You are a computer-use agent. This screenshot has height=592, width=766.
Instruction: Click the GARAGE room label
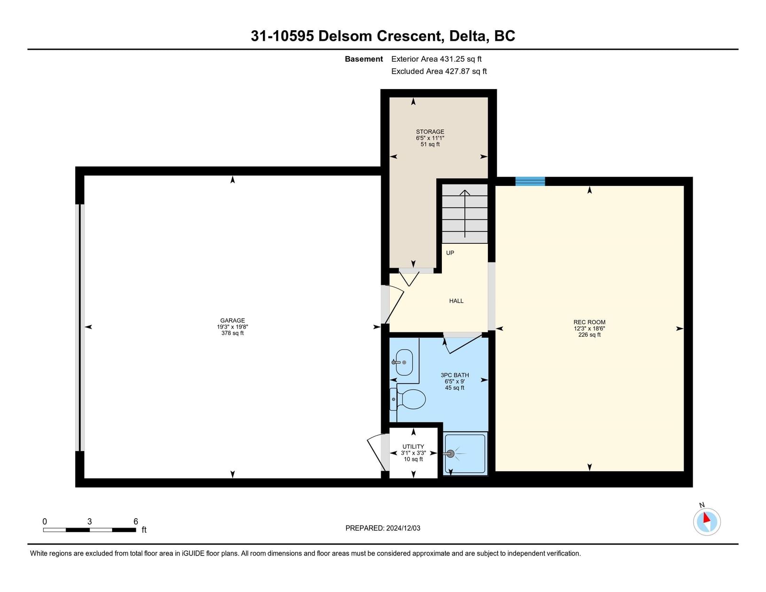tap(232, 320)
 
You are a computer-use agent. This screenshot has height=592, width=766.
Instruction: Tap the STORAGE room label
tap(430, 132)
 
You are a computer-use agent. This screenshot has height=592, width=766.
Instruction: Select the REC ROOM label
tap(589, 322)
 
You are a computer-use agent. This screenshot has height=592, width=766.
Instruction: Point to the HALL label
tap(456, 301)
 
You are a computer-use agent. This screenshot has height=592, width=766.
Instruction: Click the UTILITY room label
tap(413, 446)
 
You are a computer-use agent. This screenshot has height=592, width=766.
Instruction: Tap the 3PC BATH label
tap(455, 375)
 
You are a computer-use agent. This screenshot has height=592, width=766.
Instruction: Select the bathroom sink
tap(404, 362)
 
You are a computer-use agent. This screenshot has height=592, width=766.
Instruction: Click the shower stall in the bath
tap(465, 454)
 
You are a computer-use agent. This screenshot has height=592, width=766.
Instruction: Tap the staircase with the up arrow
tap(465, 213)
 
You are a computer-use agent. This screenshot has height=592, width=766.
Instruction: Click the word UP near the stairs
tap(450, 253)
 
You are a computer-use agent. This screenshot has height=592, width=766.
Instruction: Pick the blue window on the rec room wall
tap(530, 181)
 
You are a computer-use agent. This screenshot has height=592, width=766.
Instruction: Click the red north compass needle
tap(706, 518)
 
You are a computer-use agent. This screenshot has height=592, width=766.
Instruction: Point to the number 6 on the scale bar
tap(135, 521)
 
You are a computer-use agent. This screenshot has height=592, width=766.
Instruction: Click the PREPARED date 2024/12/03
tap(403, 528)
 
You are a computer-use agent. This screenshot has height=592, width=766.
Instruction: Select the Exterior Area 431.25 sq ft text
tap(436, 59)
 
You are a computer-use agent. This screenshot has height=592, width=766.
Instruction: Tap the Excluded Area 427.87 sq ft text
tap(439, 71)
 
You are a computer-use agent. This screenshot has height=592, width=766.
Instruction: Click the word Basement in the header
tap(364, 59)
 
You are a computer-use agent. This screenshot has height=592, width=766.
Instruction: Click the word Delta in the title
tap(469, 36)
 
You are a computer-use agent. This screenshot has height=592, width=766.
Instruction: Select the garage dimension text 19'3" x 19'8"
tap(232, 327)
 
